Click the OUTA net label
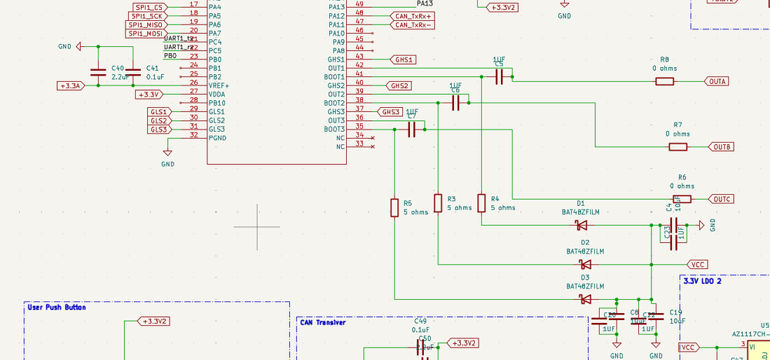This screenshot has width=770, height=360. click(718, 81)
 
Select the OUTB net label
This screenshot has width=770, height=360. click(722, 146)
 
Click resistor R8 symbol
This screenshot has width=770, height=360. click(664, 81)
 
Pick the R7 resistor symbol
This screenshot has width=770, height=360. click(678, 146)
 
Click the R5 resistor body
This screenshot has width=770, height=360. click(394, 207)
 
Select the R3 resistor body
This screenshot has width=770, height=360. click(438, 204)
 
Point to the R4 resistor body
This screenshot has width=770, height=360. click(481, 204)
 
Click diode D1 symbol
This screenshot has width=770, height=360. click(582, 226)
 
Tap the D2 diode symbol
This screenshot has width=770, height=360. click(586, 264)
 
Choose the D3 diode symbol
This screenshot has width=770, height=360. click(585, 299)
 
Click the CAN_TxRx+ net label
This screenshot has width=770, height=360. click(413, 15)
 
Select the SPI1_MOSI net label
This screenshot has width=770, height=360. click(145, 33)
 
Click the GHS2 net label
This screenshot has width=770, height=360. click(400, 86)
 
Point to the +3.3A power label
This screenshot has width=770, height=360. click(72, 86)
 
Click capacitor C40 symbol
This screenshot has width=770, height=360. click(98, 72)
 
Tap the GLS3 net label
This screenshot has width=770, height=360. click(159, 130)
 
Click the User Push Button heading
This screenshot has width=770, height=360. click(57, 308)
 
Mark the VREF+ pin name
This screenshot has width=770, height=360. click(219, 86)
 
